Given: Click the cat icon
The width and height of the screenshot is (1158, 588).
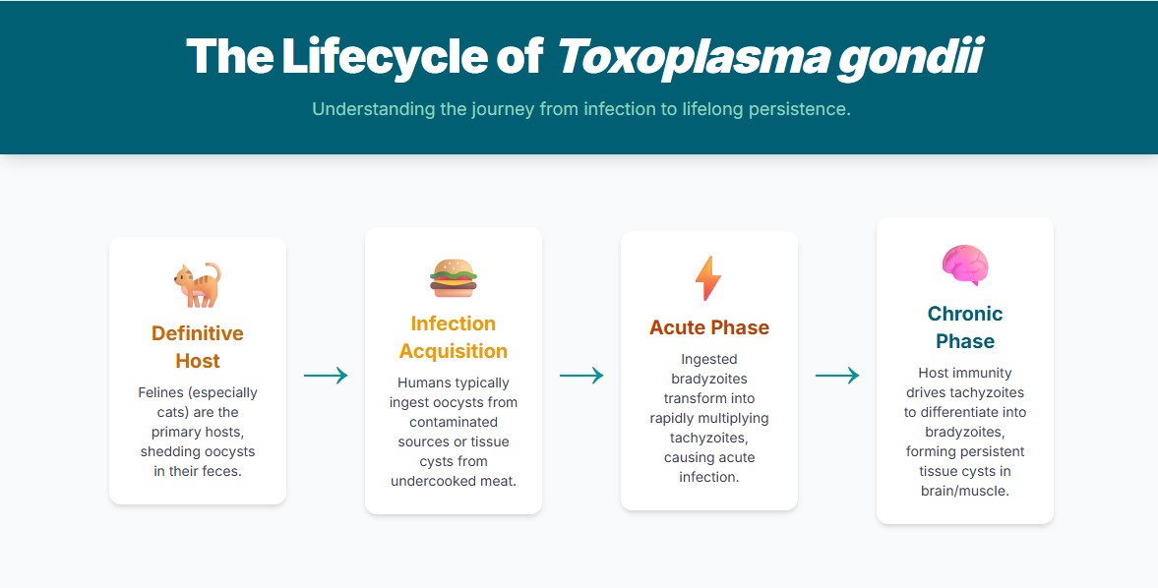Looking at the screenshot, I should (198, 285).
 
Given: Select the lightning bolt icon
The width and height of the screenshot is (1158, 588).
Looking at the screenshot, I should (708, 278).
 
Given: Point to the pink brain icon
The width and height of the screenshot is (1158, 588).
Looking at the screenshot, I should (965, 265).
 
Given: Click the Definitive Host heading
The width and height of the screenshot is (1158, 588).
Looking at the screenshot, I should (198, 347).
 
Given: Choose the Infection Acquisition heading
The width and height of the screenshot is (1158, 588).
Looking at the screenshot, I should (454, 337).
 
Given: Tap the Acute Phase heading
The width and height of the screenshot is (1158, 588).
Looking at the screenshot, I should (709, 327).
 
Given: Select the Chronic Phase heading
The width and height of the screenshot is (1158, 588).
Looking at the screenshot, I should (965, 327).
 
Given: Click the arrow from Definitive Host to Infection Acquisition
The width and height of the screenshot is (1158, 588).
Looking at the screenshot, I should (326, 375).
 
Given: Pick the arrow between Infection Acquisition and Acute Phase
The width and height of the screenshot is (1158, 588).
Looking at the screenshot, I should (581, 375).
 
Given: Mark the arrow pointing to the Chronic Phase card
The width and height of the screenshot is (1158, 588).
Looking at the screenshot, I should (837, 375).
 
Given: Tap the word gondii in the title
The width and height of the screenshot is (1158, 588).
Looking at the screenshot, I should (909, 57).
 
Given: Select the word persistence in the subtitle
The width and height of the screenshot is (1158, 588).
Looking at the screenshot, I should (799, 109).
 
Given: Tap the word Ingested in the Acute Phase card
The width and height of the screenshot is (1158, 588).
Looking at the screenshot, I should (709, 359).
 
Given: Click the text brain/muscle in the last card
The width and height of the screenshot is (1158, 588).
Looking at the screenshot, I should (965, 491).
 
